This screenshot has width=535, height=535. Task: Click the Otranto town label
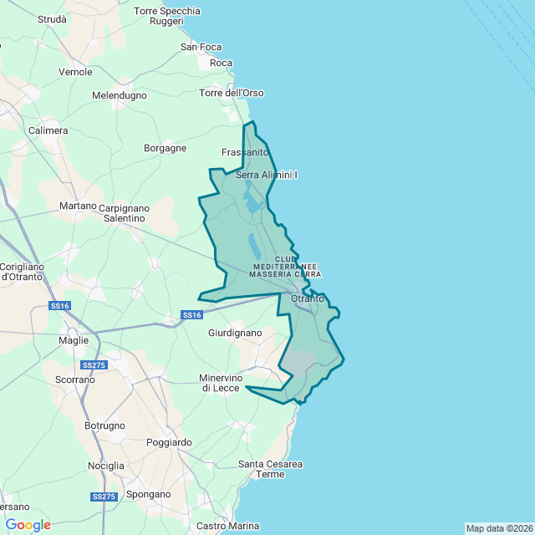(x=307, y=299)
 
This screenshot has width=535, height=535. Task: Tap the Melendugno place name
(x=119, y=96)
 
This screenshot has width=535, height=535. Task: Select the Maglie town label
(x=74, y=340)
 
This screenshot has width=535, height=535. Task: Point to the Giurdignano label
(x=235, y=333)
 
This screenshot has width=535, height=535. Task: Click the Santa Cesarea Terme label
(x=270, y=469)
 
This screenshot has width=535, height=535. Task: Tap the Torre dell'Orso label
(x=232, y=93)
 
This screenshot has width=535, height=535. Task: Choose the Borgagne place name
(x=166, y=148)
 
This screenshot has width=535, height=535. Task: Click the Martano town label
(x=79, y=206)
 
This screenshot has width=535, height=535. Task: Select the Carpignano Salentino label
(x=124, y=212)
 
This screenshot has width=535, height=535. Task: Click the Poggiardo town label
(x=169, y=442)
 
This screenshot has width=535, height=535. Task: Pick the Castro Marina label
(x=227, y=526)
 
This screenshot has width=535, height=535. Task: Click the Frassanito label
(x=245, y=152)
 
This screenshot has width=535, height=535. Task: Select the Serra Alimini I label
(x=267, y=175)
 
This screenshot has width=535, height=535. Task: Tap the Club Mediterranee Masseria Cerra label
(x=286, y=267)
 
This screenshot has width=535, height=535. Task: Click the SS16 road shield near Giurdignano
(x=192, y=315)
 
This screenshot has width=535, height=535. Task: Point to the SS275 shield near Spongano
(x=104, y=497)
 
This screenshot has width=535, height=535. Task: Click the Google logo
(x=28, y=525)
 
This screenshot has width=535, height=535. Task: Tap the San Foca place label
(x=201, y=47)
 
